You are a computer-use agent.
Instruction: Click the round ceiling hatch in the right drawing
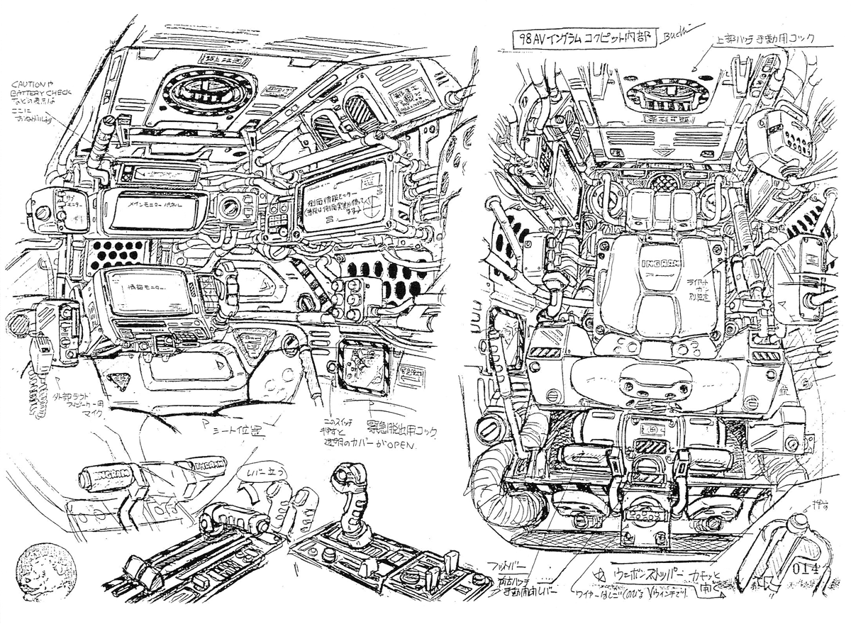point(655,96)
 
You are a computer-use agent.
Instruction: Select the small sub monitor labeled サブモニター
point(69,211)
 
